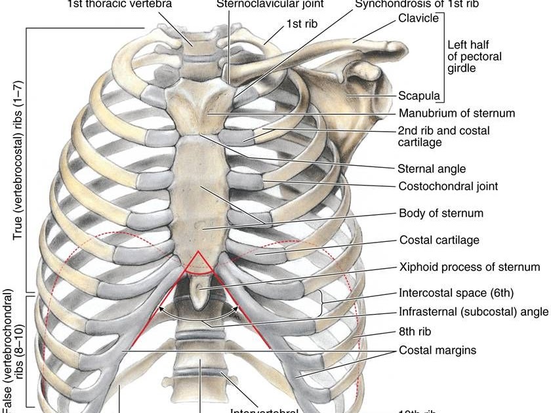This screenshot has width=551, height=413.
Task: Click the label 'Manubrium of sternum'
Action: click(457, 113)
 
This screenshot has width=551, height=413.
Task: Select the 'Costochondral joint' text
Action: click(448, 186)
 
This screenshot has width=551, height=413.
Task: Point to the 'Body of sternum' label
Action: click(441, 213)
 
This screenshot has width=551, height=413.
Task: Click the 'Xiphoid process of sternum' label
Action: click(469, 267)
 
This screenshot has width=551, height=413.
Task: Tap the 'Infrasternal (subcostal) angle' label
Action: click(472, 312)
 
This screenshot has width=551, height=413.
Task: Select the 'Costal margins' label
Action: click(438, 350)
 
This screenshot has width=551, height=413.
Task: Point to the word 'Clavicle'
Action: click(418, 18)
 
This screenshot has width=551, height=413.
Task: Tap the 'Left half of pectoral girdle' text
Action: click(474, 56)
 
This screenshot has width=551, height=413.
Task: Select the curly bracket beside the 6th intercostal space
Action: click(321, 303)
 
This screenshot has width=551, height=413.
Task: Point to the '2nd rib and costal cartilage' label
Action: click(443, 136)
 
